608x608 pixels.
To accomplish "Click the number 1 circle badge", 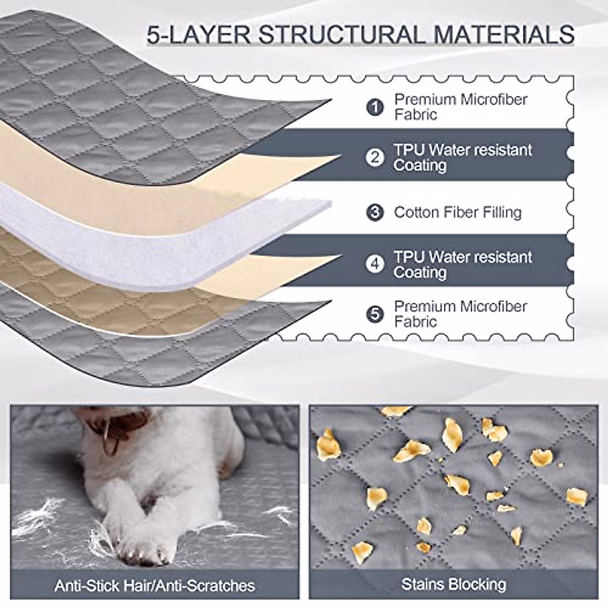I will pyautogui.click(x=375, y=107).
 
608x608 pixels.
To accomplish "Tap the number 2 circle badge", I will pyautogui.click(x=375, y=158).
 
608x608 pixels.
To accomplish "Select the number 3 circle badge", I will pyautogui.click(x=375, y=212).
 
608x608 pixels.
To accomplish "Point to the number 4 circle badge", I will pyautogui.click(x=375, y=264).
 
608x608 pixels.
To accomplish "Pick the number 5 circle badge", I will pyautogui.click(x=375, y=314).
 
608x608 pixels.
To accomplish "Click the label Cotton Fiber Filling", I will pyautogui.click(x=458, y=212).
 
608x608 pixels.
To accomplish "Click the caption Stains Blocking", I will pyautogui.click(x=453, y=584).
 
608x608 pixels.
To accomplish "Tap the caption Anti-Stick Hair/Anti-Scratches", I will pyautogui.click(x=155, y=586).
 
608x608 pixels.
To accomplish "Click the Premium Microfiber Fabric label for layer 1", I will pyautogui.click(x=461, y=107).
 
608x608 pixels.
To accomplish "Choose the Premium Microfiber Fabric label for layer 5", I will pyautogui.click(x=461, y=314).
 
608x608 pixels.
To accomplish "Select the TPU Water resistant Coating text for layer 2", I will pyautogui.click(x=463, y=158).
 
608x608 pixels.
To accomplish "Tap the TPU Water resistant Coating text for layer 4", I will pyautogui.click(x=463, y=264).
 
